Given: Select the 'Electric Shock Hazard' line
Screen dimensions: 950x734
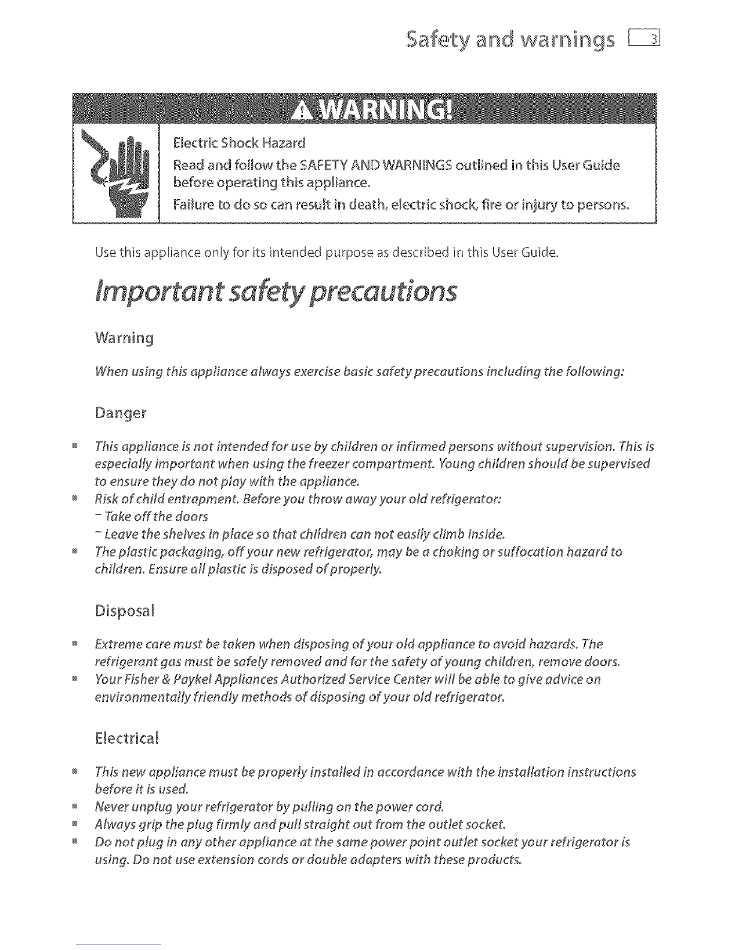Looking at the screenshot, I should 239,143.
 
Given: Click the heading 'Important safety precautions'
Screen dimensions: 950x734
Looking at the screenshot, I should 276,291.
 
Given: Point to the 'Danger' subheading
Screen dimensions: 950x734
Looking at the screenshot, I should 120,414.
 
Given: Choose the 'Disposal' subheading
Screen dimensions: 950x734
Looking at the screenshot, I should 124,612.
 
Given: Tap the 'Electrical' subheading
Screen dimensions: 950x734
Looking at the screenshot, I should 127,738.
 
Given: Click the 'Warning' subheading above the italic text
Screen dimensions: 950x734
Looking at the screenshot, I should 124,338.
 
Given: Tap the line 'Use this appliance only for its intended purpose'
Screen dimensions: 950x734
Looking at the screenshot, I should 326,252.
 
